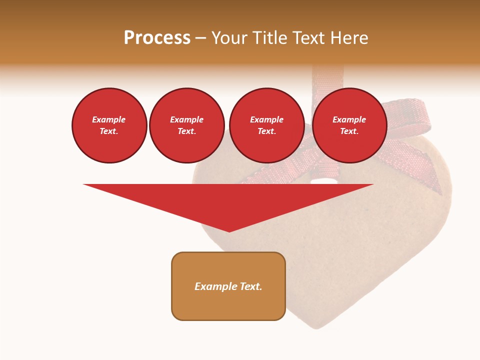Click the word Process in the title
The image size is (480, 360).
point(157,38)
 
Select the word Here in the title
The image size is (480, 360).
point(348,38)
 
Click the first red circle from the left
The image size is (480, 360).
point(109,125)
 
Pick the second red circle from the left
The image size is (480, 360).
point(186,125)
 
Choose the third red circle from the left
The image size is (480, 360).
point(266,125)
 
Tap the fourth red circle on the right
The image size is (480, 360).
point(349,125)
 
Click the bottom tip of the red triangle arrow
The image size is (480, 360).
point(229,231)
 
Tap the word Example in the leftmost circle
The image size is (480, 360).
point(109,119)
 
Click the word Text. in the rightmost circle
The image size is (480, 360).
point(349,131)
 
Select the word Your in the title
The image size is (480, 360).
point(230,38)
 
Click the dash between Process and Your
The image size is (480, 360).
point(201,38)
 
